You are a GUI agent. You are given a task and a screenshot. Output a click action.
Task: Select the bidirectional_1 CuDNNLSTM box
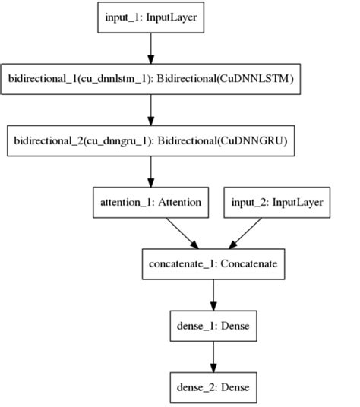point(150,78)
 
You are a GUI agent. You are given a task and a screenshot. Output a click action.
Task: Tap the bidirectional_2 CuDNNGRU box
point(150,140)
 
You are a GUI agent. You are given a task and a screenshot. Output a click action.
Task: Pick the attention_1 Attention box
point(150,203)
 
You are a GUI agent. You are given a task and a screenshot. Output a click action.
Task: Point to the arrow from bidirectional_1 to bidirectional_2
point(150,109)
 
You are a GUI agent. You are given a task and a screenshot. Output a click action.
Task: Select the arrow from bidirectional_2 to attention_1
point(150,172)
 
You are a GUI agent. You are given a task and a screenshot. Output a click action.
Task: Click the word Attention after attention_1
point(180,203)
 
